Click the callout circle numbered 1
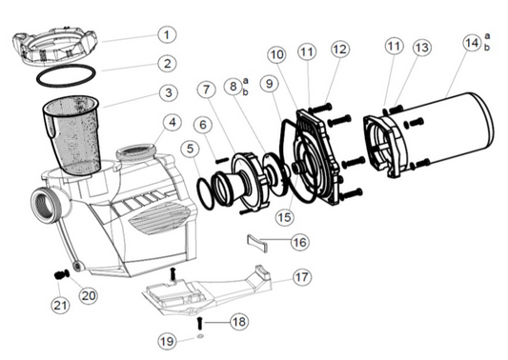click(167, 35)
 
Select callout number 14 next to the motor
click(471, 43)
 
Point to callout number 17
click(301, 277)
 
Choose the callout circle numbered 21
click(59, 304)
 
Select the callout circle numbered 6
click(201, 124)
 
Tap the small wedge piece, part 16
click(261, 239)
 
